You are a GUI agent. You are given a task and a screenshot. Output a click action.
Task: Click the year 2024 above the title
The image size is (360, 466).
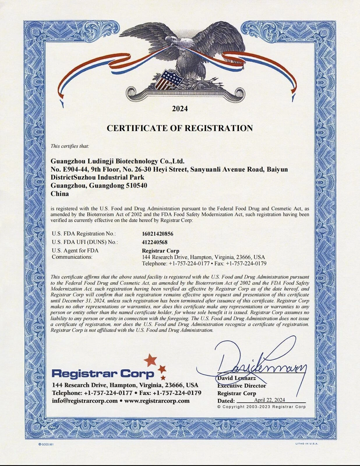point(180,109)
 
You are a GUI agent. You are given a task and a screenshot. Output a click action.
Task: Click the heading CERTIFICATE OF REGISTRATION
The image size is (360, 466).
point(180,128)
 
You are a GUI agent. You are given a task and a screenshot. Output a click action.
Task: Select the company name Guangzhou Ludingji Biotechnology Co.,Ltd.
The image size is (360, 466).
point(118,161)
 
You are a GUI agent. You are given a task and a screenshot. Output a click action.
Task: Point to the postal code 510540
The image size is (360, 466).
point(136,186)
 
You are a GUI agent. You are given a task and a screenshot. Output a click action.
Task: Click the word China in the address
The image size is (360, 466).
point(60,194)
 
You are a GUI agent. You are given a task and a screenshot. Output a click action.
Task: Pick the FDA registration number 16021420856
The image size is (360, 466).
point(158,234)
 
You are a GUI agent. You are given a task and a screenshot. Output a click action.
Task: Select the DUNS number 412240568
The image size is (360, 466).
point(155,242)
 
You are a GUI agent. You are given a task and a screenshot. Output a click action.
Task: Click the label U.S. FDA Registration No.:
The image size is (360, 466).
point(84,234)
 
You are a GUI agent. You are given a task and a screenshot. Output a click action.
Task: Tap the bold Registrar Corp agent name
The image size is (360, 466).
point(160,250)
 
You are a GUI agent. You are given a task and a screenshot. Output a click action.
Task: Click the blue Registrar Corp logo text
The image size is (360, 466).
point(103,373)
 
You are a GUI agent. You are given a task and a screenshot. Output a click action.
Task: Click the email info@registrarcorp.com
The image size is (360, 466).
point(85,400)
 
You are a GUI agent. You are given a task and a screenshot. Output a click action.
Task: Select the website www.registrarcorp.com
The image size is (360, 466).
point(157,400)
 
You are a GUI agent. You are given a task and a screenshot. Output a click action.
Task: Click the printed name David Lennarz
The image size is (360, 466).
point(237,378)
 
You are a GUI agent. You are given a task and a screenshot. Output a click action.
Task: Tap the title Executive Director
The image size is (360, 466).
point(242,386)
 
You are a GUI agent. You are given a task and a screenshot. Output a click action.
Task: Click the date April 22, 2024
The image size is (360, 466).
point(269,400)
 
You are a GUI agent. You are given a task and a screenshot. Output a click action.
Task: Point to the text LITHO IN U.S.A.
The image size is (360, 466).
point(305,444)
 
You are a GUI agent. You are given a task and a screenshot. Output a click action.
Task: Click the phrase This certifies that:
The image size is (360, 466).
point(70,146)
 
